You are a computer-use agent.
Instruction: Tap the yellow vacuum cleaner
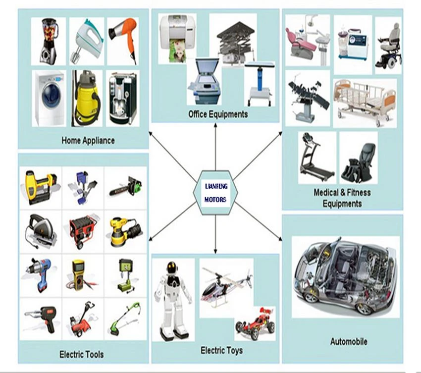pos(87,98)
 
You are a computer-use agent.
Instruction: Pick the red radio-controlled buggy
pos(255,323)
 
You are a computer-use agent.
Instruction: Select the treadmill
pos(317,158)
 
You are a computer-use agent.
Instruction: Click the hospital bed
pos(365,102)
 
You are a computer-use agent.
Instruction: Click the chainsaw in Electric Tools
pos(126,187)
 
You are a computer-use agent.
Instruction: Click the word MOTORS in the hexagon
pos(215,200)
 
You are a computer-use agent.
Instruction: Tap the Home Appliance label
pos(88,141)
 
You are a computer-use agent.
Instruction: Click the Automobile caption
pos(349,342)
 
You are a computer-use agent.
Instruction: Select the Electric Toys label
pos(221,350)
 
